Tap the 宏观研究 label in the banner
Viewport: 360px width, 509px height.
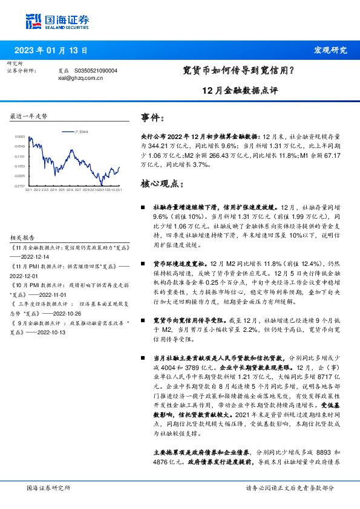click(x=330, y=50)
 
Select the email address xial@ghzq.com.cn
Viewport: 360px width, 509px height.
click(x=80, y=78)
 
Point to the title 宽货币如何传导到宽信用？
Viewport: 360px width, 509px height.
click(x=238, y=71)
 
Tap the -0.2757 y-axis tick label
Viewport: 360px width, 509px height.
click(x=20, y=186)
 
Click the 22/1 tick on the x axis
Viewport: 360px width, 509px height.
click(x=28, y=190)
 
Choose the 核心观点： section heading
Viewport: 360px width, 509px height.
click(x=163, y=184)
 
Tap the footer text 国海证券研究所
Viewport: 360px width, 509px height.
click(x=49, y=488)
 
